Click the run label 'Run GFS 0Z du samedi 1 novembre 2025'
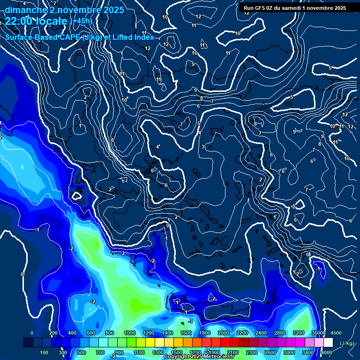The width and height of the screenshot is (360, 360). (293, 7)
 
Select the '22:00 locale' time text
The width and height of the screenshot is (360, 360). (36, 21)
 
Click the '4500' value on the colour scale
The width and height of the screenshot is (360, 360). (336, 332)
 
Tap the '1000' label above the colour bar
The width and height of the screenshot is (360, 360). (130, 332)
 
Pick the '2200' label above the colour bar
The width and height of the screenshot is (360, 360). (242, 332)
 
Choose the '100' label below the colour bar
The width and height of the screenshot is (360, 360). (44, 352)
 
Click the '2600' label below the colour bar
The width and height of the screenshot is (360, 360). (270, 352)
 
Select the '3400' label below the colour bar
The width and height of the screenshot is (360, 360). (308, 352)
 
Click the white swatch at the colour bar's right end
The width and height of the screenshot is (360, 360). (328, 343)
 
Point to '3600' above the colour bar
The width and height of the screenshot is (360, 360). (317, 332)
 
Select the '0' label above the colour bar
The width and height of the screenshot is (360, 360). (32, 332)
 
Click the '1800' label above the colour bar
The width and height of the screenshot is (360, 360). (205, 332)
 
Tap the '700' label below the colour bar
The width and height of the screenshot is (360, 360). (100, 352)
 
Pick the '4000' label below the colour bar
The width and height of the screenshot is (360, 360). (327, 352)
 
